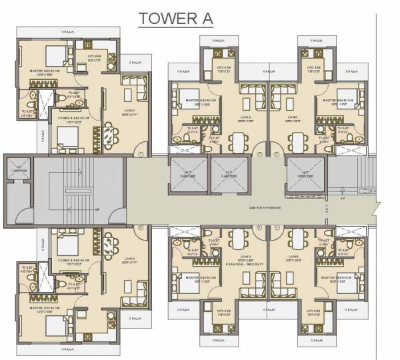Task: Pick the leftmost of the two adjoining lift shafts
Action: point(189,175)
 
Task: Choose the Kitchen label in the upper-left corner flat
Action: point(93,58)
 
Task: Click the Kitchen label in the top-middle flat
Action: point(223,67)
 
